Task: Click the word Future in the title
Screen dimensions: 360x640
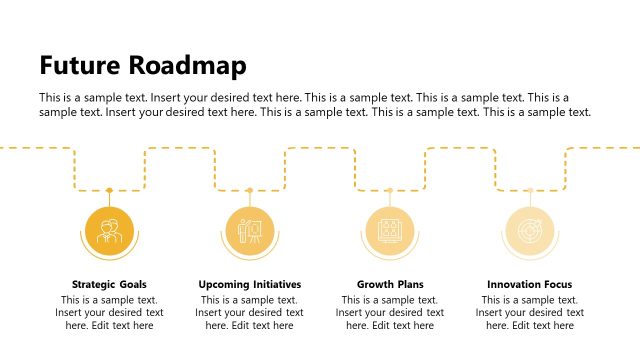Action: pyautogui.click(x=81, y=66)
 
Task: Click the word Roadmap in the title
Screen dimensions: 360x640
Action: pyautogui.click(x=189, y=66)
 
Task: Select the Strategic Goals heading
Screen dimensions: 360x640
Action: pyautogui.click(x=109, y=284)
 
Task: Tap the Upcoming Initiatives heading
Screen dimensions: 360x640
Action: pyautogui.click(x=250, y=284)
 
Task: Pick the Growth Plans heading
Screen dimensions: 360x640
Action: pyautogui.click(x=390, y=284)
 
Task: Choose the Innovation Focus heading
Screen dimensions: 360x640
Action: pyautogui.click(x=530, y=284)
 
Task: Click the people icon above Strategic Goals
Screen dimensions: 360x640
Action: pyautogui.click(x=109, y=230)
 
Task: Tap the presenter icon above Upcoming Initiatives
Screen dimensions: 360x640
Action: pyautogui.click(x=250, y=230)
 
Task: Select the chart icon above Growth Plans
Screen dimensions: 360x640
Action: pyautogui.click(x=390, y=230)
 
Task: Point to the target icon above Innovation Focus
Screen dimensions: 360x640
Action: pyautogui.click(x=530, y=230)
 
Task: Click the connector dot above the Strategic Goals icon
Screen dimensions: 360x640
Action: pyautogui.click(x=109, y=190)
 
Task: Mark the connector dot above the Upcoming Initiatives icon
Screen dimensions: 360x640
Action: pyautogui.click(x=250, y=190)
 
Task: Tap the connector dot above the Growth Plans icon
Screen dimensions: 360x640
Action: pyautogui.click(x=390, y=190)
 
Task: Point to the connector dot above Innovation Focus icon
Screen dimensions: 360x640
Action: pyautogui.click(x=530, y=190)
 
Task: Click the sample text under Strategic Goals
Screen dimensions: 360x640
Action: pyautogui.click(x=109, y=312)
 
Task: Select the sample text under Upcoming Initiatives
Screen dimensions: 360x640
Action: pyautogui.click(x=250, y=312)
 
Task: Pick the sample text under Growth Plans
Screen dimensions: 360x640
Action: pyautogui.click(x=390, y=312)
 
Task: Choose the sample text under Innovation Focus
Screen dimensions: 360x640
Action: pyautogui.click(x=530, y=312)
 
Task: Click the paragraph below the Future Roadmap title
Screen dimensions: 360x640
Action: pyautogui.click(x=315, y=105)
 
